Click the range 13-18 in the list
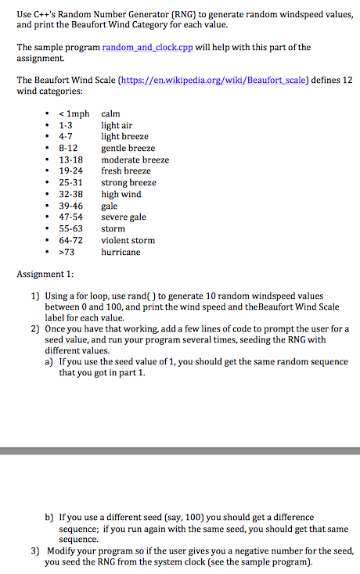point(70,160)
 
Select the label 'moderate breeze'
point(135,160)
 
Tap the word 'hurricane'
point(121,252)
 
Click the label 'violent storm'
point(128,240)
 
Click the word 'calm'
point(110,113)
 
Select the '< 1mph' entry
point(74,113)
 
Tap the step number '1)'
point(35,296)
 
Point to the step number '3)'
point(35,551)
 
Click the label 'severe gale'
point(124,217)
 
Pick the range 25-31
point(70,183)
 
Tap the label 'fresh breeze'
point(126,171)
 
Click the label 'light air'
point(117,125)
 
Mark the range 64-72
point(70,240)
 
